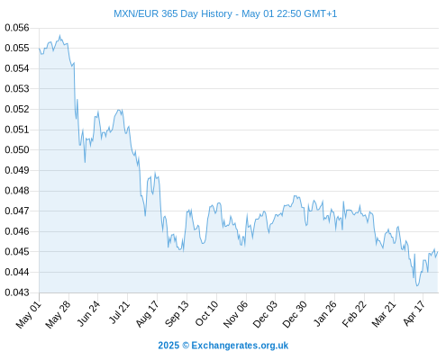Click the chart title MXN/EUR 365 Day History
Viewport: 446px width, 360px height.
173,13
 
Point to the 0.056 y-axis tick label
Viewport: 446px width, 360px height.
17,28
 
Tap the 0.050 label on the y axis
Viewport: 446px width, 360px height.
17,149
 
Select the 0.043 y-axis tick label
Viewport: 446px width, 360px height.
17,292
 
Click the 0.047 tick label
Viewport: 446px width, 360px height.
17,211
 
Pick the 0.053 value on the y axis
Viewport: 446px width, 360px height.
17,89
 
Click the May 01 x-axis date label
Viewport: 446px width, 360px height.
29,315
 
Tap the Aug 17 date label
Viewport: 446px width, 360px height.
147,314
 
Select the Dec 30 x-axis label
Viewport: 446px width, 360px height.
295,314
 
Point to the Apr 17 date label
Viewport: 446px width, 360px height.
414,313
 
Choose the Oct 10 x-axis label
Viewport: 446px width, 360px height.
206,313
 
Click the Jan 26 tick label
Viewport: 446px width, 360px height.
324,313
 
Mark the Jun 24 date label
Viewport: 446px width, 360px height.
88,313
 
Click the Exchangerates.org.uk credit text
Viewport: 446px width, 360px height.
240,346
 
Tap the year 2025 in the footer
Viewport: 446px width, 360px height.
168,346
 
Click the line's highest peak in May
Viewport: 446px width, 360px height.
59,35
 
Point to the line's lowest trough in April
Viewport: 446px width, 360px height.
417,285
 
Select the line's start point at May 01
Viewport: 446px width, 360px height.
40,49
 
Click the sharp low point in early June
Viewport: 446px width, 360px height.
85,162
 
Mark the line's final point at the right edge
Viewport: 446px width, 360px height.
438,252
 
